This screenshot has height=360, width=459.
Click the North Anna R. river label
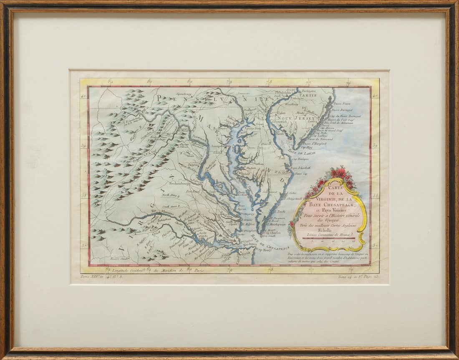(x=171, y=195)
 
